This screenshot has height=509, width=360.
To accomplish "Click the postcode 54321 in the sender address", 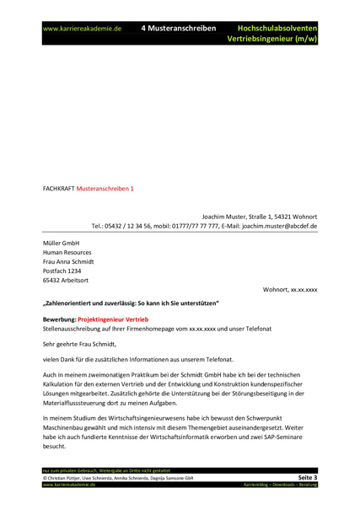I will (280, 216).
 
